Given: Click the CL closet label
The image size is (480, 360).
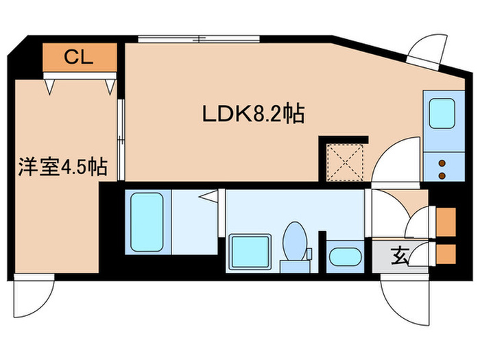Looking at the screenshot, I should (x=79, y=58).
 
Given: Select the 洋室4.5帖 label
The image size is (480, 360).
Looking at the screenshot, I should (x=62, y=167).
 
